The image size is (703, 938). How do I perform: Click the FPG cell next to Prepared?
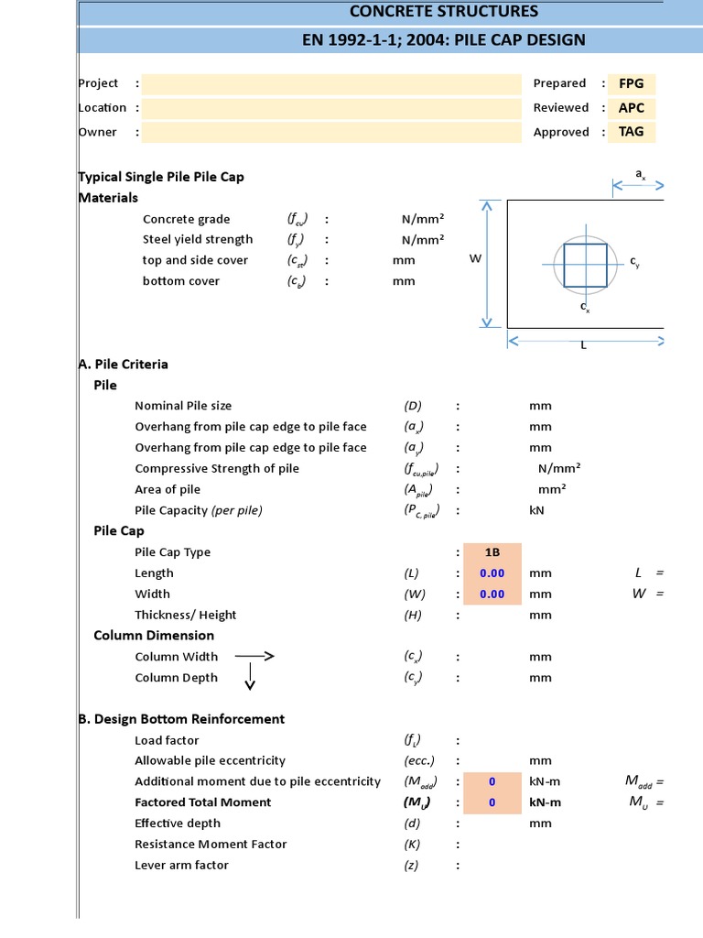coord(632,83)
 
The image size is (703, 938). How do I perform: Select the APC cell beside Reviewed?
coord(632,107)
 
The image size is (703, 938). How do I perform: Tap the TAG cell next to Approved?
coord(632,131)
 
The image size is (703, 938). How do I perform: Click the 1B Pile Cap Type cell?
coord(492,552)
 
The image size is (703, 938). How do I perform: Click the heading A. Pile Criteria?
coord(124,364)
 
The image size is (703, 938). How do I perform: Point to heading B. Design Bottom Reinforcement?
coord(181,719)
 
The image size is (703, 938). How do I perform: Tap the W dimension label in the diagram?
coord(475,259)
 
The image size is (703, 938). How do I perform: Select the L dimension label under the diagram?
coord(583,345)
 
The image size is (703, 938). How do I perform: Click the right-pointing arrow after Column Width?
coord(254,656)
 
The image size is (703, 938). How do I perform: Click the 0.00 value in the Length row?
coord(492,573)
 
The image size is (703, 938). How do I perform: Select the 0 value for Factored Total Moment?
coord(492,802)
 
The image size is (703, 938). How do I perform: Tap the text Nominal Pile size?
coord(183,406)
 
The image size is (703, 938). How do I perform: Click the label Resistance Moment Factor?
coord(211,845)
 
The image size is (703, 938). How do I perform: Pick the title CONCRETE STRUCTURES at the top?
coord(444,12)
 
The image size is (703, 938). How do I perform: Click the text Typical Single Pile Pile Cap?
coord(161,177)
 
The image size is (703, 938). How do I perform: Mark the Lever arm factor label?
coord(181,866)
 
